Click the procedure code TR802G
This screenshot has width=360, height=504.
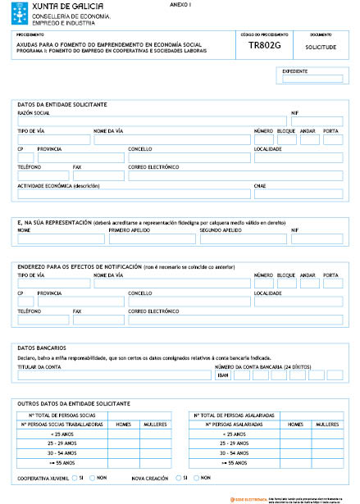pyautogui.click(x=264, y=48)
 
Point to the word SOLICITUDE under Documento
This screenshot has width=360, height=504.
pyautogui.click(x=321, y=48)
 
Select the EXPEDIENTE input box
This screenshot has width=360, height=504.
pyautogui.click(x=312, y=79)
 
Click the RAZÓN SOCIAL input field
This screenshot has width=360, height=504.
pyautogui.click(x=152, y=121)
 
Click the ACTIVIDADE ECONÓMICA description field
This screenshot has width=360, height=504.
pyautogui.click(x=134, y=194)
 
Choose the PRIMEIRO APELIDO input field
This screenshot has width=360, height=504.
pyautogui.click(x=152, y=240)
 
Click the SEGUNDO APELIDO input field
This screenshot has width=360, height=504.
pyautogui.click(x=244, y=240)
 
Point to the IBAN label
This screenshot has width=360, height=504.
pyautogui.click(x=222, y=375)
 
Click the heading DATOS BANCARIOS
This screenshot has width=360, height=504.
pyautogui.click(x=41, y=348)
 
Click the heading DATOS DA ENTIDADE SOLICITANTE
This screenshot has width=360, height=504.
pyautogui.click(x=62, y=105)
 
